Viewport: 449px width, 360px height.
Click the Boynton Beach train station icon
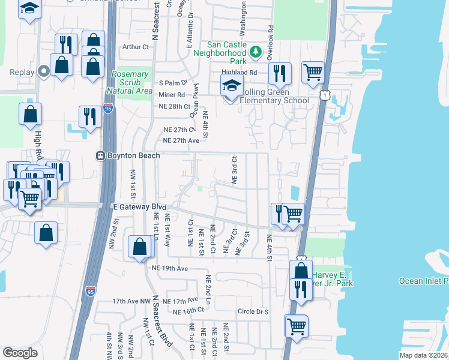101,156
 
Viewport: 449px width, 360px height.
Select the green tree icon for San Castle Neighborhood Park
256,52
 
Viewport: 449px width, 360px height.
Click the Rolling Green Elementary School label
274,96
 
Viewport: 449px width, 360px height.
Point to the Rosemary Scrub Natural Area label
130,82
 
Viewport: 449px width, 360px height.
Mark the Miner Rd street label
172,95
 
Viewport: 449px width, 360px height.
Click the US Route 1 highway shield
325,95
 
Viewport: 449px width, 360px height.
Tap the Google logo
20,353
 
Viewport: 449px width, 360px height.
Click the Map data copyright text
423,355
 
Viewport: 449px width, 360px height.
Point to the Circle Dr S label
253,311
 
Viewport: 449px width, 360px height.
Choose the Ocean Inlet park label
424,281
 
